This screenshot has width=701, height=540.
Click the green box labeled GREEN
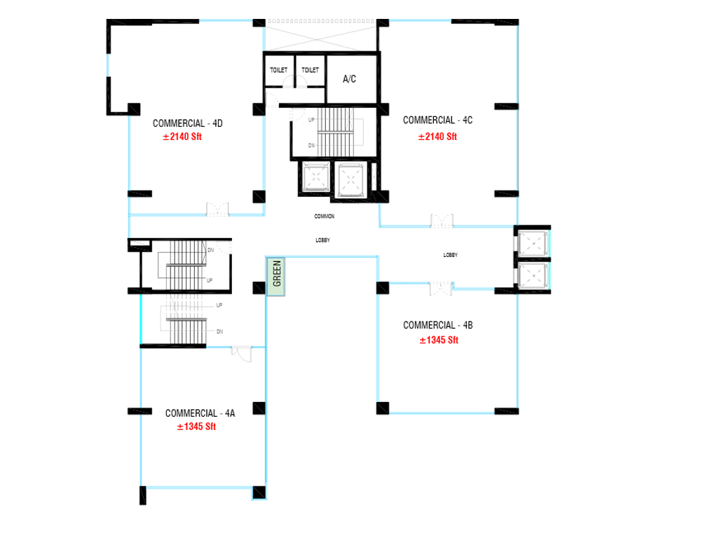pos(275,276)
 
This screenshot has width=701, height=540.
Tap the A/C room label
pos(349,79)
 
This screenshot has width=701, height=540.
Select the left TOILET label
pos(278,70)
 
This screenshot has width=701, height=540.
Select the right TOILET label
pos(311,70)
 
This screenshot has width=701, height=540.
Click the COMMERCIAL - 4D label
pos(187,123)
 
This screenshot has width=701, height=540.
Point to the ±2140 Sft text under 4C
pos(437,137)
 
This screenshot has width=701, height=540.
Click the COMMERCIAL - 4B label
pos(437,325)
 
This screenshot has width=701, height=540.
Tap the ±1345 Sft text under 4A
pos(196,427)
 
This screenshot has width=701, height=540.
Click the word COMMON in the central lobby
pos(324,216)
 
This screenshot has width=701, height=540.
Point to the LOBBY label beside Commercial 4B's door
pos(450,255)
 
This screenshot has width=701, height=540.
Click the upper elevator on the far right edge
pos(533,244)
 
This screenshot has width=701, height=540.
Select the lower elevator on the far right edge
pos(533,275)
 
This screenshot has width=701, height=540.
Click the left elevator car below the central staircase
pos(316,178)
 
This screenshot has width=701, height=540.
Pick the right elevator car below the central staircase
pos(350,180)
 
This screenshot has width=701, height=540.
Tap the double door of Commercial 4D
pos(217,209)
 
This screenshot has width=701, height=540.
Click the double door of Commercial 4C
pos(442,221)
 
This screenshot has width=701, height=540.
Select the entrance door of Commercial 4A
pos(241,354)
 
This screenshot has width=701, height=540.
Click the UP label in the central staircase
pos(311,120)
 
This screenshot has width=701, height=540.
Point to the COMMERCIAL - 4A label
pos(200,413)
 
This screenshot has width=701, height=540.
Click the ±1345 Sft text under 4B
pos(439,340)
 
